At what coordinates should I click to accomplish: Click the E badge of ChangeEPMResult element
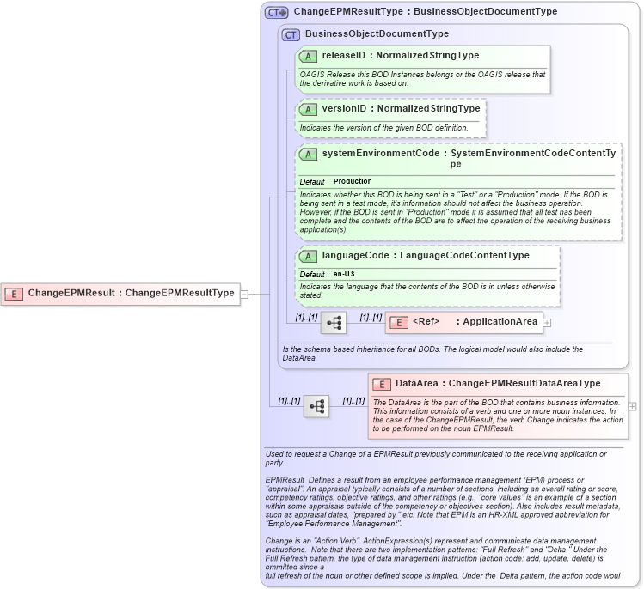pyautogui.click(x=14, y=294)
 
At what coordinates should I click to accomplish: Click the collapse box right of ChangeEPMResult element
pyautogui.click(x=244, y=294)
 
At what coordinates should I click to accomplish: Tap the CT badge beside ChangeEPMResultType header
pyautogui.click(x=276, y=13)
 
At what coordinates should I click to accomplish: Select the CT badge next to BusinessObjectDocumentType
pyautogui.click(x=291, y=34)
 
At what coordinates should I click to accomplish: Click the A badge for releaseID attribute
pyautogui.click(x=308, y=56)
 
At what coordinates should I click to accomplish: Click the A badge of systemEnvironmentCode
pyautogui.click(x=308, y=155)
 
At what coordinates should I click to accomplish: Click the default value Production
pyautogui.click(x=353, y=182)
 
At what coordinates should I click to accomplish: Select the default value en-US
pyautogui.click(x=344, y=274)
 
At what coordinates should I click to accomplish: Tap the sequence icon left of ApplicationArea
pyautogui.click(x=334, y=323)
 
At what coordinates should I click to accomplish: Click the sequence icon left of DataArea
pyautogui.click(x=316, y=406)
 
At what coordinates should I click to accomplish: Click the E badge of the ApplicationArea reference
pyautogui.click(x=398, y=323)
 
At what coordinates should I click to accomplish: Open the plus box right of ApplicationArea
pyautogui.click(x=547, y=323)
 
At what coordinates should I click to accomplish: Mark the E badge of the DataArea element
pyautogui.click(x=381, y=384)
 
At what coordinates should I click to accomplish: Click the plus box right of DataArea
pyautogui.click(x=633, y=406)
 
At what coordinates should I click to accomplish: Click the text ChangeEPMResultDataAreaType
pyautogui.click(x=524, y=384)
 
